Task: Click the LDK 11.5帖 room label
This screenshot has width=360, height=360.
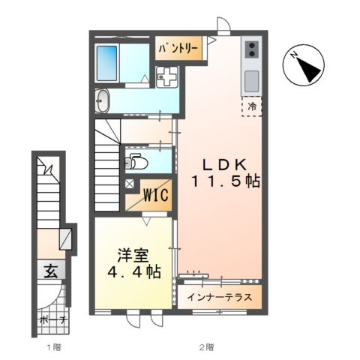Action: pos(226,173)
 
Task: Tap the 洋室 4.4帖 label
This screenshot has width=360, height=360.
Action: pos(134,263)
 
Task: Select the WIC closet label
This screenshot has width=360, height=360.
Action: pos(155,195)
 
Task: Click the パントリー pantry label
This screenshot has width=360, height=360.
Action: pos(178,48)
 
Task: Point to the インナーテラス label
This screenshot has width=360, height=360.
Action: pos(220,298)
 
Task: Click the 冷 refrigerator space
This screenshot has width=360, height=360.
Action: pos(252,106)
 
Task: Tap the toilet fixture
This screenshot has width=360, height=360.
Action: pos(136,163)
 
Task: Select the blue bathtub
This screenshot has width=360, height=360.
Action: pos(106,63)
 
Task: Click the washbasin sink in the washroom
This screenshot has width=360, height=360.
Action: pos(103,101)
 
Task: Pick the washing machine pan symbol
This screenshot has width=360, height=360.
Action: pos(166,76)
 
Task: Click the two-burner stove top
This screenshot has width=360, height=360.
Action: pos(252,49)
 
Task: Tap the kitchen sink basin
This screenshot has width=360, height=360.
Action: pos(252,81)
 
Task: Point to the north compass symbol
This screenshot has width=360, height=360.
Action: pos(304,65)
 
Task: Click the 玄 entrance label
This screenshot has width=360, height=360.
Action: pos(51,271)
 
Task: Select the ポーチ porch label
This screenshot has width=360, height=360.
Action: pos(53,320)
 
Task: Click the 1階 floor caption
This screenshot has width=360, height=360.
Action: pos(54,347)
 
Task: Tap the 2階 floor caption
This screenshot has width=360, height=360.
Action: pos(206,347)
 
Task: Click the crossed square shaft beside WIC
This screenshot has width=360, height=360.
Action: pos(130,184)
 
